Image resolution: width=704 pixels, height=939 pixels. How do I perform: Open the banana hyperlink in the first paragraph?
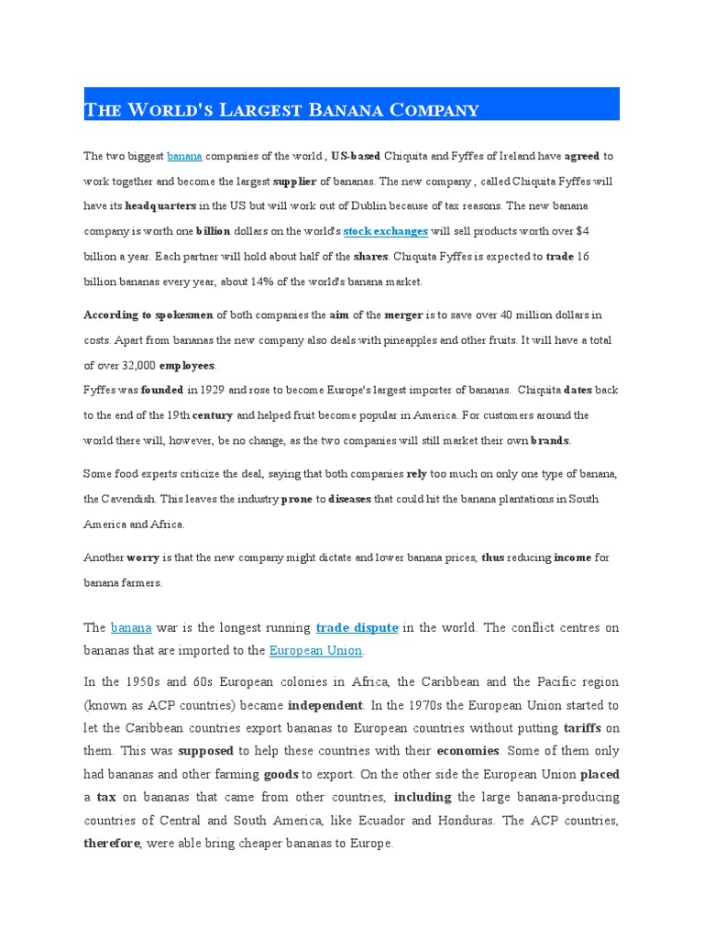(x=184, y=156)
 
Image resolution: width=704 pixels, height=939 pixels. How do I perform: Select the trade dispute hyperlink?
(x=357, y=628)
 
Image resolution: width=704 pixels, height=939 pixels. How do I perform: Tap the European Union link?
(x=316, y=650)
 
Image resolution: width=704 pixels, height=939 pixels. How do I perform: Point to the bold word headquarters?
(x=160, y=206)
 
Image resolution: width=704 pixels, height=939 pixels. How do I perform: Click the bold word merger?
(x=403, y=315)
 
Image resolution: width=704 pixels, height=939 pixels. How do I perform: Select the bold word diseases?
(x=348, y=499)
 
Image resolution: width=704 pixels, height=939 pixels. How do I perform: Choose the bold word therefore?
(x=113, y=844)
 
